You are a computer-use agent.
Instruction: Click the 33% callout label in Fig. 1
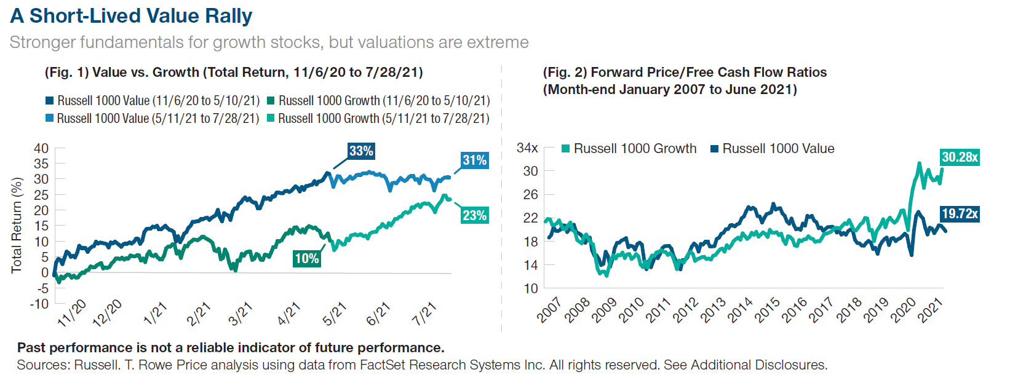[x=361, y=151]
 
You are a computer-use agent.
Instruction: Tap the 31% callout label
[x=474, y=160]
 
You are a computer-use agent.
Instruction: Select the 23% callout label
[x=474, y=215]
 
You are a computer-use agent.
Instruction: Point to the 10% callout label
[x=306, y=258]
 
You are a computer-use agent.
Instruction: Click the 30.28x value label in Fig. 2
[x=960, y=157]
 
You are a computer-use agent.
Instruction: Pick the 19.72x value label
[x=960, y=214]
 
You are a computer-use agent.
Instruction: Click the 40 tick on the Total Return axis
[x=41, y=148]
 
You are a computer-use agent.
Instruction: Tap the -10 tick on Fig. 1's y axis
[x=39, y=304]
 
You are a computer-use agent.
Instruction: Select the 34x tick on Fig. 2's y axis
[x=527, y=148]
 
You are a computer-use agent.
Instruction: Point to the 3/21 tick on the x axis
[x=241, y=314]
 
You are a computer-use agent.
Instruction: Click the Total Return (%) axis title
[x=17, y=225]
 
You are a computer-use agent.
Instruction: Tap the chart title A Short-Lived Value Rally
[x=131, y=16]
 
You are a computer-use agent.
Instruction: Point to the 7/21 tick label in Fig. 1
[x=424, y=314]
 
